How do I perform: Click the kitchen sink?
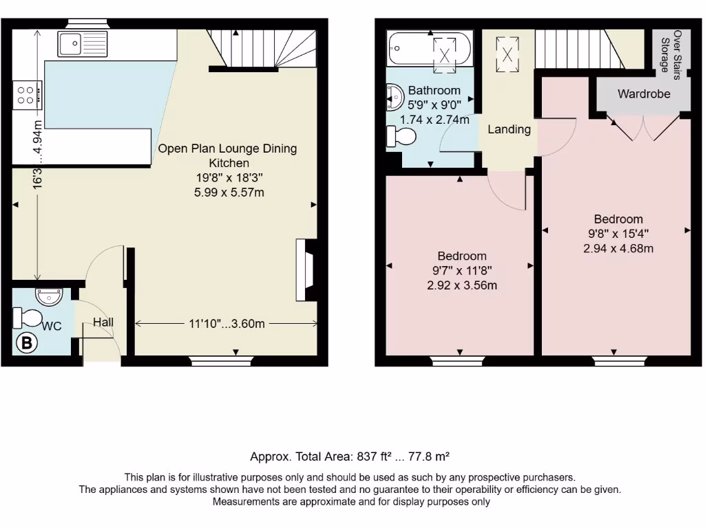coord(81,43)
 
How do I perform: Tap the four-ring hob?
coord(27,93)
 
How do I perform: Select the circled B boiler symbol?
coord(26,344)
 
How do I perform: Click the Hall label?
coord(103,322)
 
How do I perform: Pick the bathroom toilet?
coord(401,136)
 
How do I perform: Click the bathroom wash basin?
coord(394,97)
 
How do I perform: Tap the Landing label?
coord(509,129)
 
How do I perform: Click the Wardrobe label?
coord(643,93)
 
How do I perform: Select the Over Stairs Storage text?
coord(671,52)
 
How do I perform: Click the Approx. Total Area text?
coord(350,456)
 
